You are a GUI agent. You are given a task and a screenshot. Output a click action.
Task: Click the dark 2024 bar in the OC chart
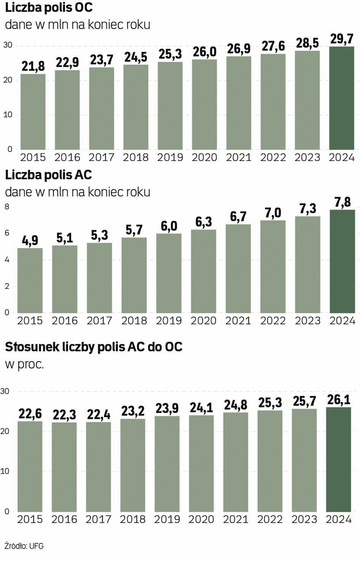pyautogui.click(x=342, y=99)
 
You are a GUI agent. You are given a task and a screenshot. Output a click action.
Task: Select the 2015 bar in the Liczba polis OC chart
pyautogui.click(x=33, y=112)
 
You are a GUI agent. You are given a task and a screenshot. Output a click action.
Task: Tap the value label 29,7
pyautogui.click(x=342, y=38)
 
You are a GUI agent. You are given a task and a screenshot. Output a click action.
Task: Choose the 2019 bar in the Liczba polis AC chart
pyautogui.click(x=169, y=273)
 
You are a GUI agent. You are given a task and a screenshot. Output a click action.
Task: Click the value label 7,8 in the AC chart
pyautogui.click(x=342, y=199)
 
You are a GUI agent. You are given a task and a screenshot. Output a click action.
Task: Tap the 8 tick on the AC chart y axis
pyautogui.click(x=7, y=207)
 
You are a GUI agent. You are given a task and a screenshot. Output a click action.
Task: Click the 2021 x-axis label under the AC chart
pyautogui.click(x=238, y=320)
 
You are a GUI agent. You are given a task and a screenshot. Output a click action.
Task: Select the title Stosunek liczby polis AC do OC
pyautogui.click(x=94, y=347)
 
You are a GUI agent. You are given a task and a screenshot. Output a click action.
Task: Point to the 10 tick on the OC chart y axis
pyautogui.click(x=8, y=114)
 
